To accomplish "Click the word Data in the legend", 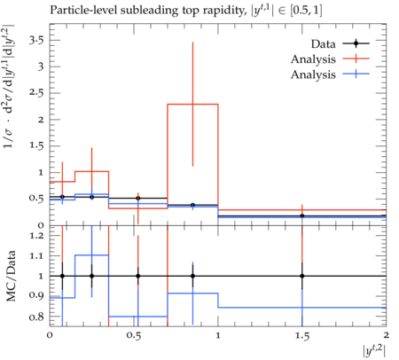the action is point(323,44).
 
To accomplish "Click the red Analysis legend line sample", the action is point(356,59).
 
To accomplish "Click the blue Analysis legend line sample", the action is point(356,74).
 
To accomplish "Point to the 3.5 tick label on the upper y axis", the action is point(36,40).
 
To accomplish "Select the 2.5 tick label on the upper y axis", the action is point(36,93).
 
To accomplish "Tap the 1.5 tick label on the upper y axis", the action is point(36,146).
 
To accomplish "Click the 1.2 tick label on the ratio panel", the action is point(36,236).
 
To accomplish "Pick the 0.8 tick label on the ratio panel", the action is point(36,317).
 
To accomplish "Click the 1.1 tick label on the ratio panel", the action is point(36,256).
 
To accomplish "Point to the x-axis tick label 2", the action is point(386,335).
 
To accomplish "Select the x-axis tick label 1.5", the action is point(302,335).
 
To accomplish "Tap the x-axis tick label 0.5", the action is point(134,335).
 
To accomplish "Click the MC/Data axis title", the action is point(11,276).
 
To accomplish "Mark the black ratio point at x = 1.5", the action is point(302,276).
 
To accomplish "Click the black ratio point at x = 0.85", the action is point(192,276).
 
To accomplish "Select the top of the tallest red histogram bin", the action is point(192,104).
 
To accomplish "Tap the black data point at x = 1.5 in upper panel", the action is point(302,215).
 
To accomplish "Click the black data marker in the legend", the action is point(356,43).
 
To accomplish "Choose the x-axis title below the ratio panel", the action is point(374,351).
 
